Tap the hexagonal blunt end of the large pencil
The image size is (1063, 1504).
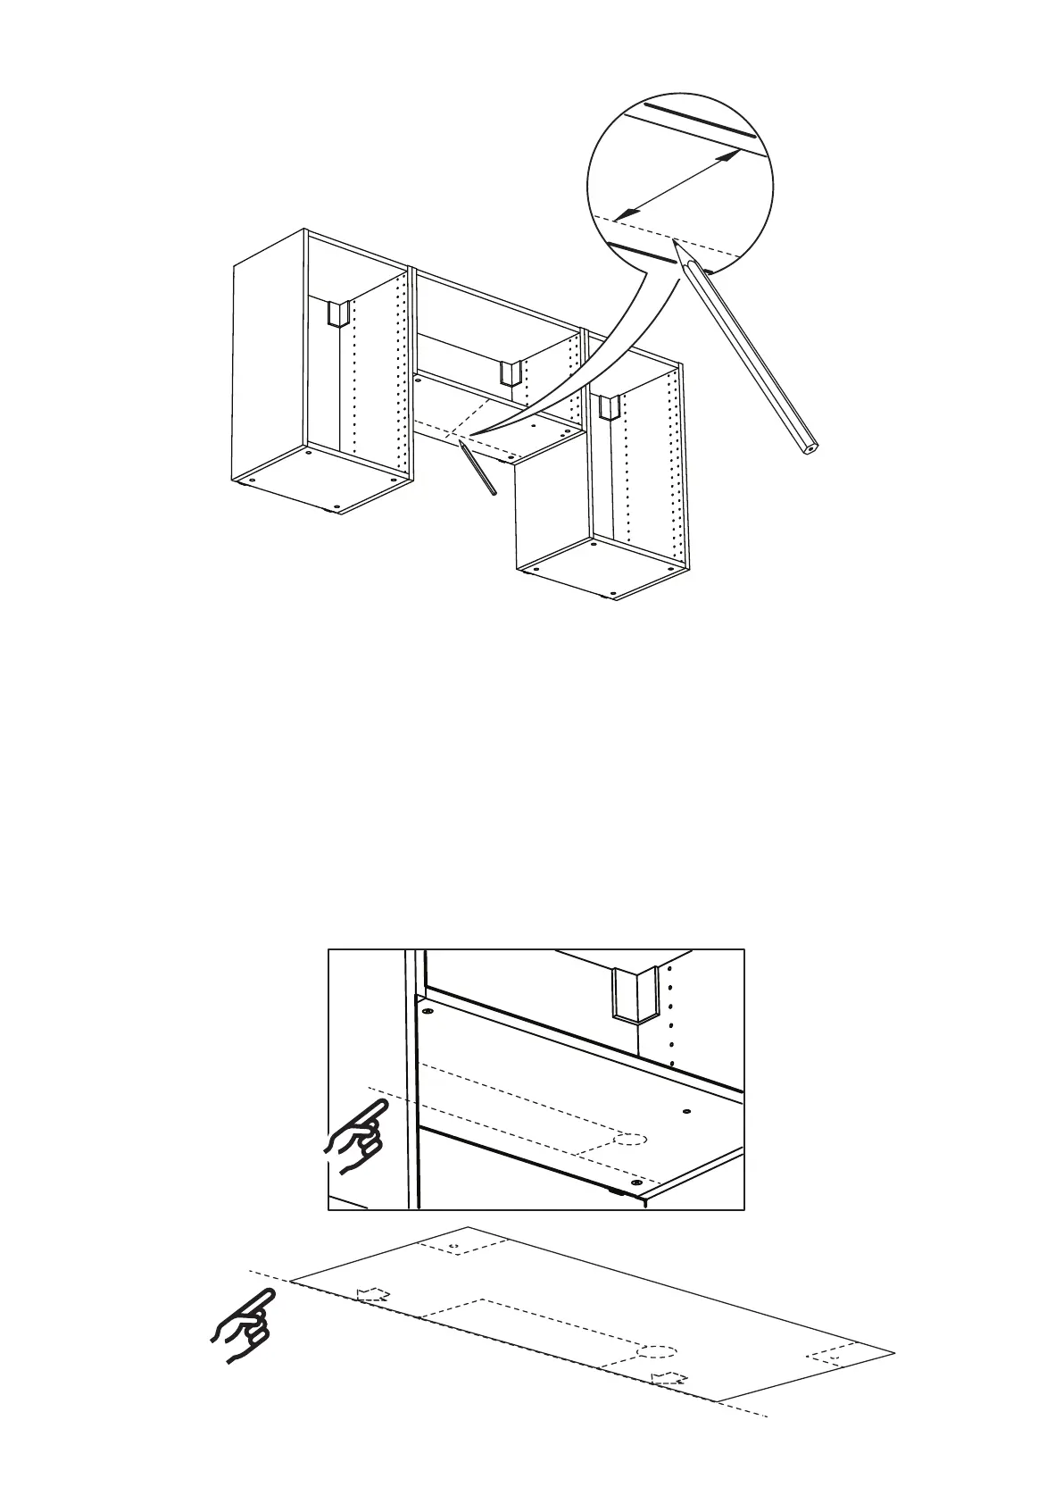click(x=810, y=447)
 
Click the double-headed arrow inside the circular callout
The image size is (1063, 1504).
click(x=679, y=183)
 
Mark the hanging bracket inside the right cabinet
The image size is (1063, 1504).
click(x=609, y=407)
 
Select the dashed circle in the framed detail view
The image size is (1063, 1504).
click(x=631, y=1139)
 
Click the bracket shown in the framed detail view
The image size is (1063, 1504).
click(x=633, y=993)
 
